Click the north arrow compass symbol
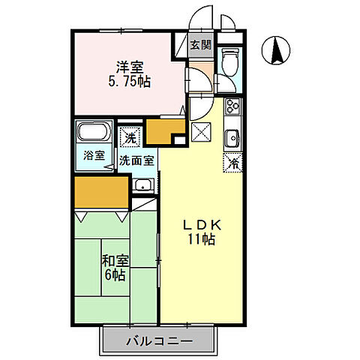tap(276, 50)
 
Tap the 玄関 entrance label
tap(200, 45)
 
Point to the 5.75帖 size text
tap(129, 80)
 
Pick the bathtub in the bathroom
tap(94, 135)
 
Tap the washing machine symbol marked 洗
tap(130, 138)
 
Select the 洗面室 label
tap(138, 160)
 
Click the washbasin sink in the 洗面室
tap(142, 185)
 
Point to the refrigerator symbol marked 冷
tap(234, 160)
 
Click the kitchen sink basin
tap(233, 137)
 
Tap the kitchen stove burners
tap(232, 107)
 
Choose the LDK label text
tap(202, 225)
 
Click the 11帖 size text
tap(202, 240)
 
